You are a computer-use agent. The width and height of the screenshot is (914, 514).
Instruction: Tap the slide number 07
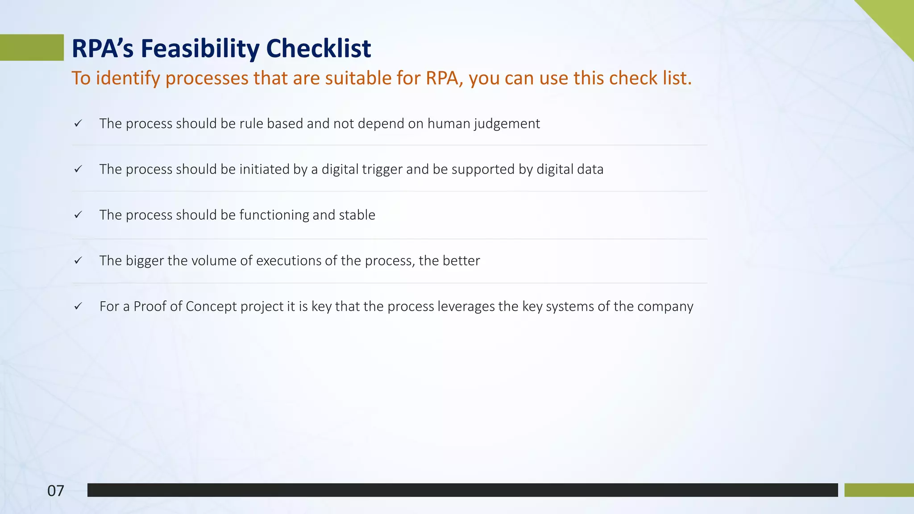[x=56, y=491]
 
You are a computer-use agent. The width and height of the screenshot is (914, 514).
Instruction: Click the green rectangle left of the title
[x=31, y=47]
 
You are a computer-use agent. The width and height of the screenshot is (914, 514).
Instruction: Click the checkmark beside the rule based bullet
[x=78, y=124]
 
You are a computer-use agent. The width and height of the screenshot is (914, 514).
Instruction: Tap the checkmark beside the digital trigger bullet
[x=78, y=169]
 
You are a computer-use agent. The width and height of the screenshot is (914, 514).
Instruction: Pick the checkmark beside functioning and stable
[x=78, y=215]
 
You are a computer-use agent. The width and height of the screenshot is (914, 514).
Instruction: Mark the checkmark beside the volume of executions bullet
[x=78, y=261]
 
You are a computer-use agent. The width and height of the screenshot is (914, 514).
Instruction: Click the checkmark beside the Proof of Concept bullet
[x=78, y=306]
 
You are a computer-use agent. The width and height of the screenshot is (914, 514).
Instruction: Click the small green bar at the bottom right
[x=879, y=490]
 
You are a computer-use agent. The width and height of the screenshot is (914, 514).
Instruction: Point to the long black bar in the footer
[x=462, y=490]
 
